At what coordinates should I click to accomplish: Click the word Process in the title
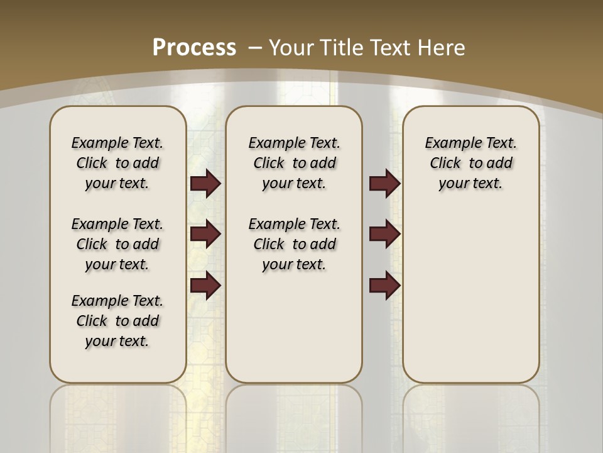(x=194, y=47)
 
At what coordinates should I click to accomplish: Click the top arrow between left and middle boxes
(x=205, y=183)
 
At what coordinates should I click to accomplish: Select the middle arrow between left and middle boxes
(x=205, y=234)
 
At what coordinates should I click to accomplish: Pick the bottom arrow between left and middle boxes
(x=205, y=286)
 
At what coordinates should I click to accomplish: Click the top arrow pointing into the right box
(x=384, y=183)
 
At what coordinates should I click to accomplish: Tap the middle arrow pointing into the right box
(x=384, y=234)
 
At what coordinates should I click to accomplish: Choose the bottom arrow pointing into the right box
(x=384, y=286)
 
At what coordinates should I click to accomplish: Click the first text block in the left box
(x=117, y=163)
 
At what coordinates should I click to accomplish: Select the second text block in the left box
(x=117, y=244)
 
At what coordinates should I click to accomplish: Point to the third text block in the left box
(x=117, y=321)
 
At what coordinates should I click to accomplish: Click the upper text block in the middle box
(x=295, y=163)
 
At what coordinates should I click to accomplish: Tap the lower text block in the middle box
(x=295, y=244)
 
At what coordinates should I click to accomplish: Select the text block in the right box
(x=471, y=163)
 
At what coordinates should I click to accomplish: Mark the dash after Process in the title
(x=255, y=47)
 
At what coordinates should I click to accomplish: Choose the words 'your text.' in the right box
(x=471, y=183)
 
